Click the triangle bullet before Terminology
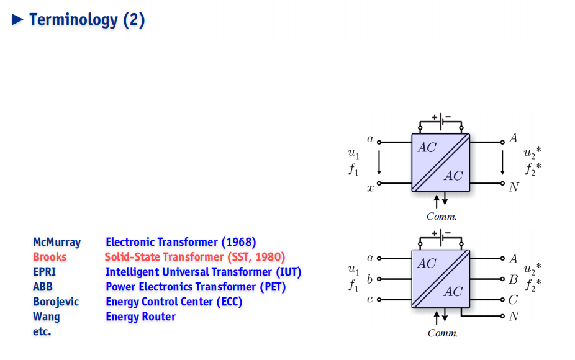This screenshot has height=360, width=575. click(17, 19)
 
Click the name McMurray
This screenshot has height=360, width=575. click(57, 242)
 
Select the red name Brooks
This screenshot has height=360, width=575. click(50, 256)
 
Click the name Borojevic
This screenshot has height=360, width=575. click(56, 302)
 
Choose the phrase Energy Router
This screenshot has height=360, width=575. click(140, 317)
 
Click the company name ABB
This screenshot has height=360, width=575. click(43, 287)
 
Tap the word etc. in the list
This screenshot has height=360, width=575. click(42, 331)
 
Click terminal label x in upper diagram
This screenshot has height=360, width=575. click(370, 189)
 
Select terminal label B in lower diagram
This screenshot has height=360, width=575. click(514, 279)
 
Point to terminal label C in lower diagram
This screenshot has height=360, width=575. click(513, 300)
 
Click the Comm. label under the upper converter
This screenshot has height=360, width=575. click(441, 216)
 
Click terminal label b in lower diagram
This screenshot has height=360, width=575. click(369, 279)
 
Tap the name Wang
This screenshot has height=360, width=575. click(46, 317)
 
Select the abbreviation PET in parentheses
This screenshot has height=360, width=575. click(273, 287)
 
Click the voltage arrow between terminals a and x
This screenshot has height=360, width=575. click(379, 162)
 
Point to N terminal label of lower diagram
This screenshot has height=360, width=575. click(514, 316)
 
